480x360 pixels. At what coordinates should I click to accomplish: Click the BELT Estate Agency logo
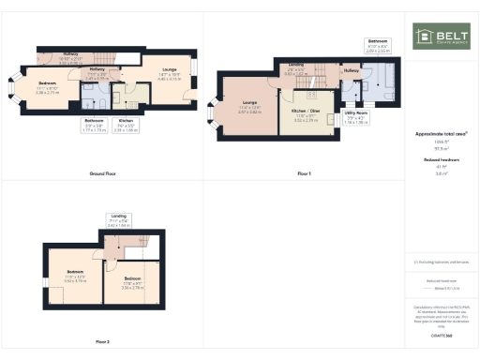[x=442, y=37]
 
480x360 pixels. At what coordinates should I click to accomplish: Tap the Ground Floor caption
[x=101, y=174]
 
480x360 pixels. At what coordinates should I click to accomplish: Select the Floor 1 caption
[x=303, y=174]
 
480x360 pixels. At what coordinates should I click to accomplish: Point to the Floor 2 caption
[x=101, y=341]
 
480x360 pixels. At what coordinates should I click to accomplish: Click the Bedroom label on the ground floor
[x=47, y=87]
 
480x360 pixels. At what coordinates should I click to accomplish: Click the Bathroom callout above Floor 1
[x=378, y=44]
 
